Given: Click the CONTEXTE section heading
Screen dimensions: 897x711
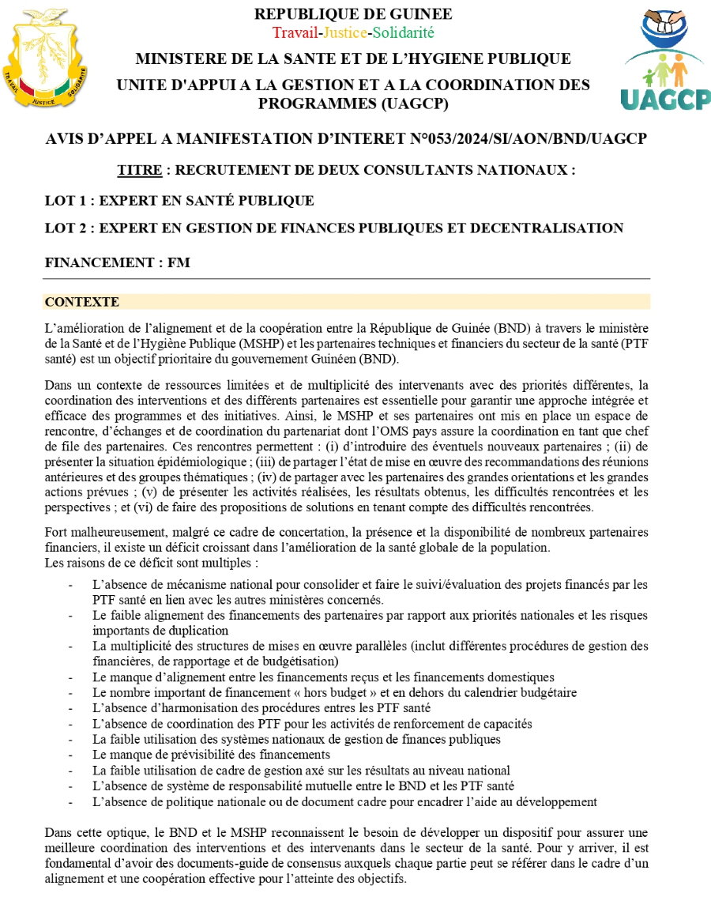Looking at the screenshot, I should coord(82,302).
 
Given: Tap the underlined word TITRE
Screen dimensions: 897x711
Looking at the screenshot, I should coord(141,170).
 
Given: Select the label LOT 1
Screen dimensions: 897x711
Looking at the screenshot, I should coord(67,201).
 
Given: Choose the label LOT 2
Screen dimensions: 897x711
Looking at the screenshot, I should coord(67,228).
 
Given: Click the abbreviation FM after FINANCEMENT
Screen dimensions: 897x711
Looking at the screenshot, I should coord(179,262).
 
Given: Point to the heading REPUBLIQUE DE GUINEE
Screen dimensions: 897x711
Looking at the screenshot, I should coord(353,14).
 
